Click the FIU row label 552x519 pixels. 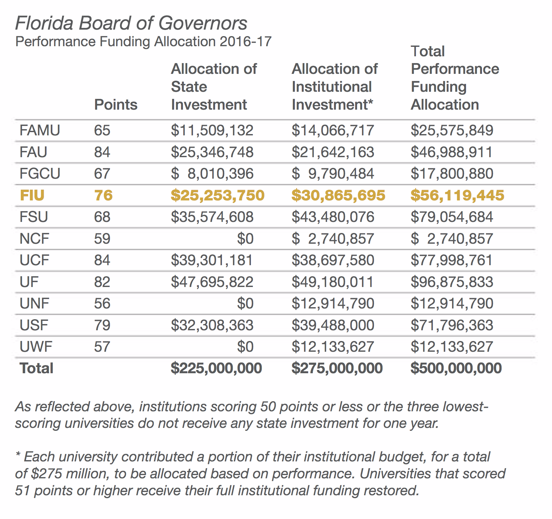coord(32,195)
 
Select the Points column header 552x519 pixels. coord(116,105)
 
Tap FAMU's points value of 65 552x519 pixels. coord(102,130)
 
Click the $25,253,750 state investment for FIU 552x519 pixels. coord(217,195)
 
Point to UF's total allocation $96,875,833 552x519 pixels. coord(452,282)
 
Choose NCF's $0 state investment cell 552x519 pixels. coord(245,239)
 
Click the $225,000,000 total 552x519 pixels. coord(216,368)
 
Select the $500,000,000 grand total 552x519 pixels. coord(456,368)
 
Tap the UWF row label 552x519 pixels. coord(36,347)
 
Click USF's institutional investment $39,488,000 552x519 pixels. coord(333,325)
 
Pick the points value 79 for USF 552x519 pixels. coord(102,325)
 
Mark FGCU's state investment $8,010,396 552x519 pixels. coord(212,174)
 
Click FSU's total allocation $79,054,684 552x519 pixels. coord(452,217)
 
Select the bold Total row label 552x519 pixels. coord(36,368)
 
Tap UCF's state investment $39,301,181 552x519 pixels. coord(212,260)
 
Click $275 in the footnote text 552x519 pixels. coord(47,474)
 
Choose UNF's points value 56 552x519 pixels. coord(102,303)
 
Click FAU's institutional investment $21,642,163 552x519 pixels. coord(333,152)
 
